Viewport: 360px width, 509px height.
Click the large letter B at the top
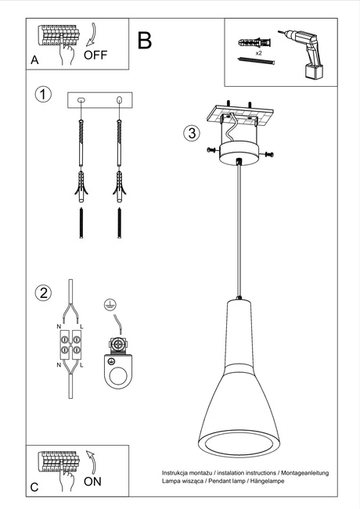click(145, 41)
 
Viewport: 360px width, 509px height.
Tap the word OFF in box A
click(95, 55)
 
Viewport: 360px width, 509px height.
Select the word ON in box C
click(92, 482)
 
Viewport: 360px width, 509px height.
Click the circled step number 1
click(44, 95)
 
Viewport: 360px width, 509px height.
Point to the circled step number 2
click(44, 293)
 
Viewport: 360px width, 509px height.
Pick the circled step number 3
click(191, 132)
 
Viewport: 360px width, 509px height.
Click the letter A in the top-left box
click(34, 60)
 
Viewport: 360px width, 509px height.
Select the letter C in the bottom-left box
click(34, 487)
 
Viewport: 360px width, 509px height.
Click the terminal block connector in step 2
click(70, 346)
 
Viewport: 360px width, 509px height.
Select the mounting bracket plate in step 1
click(99, 99)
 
